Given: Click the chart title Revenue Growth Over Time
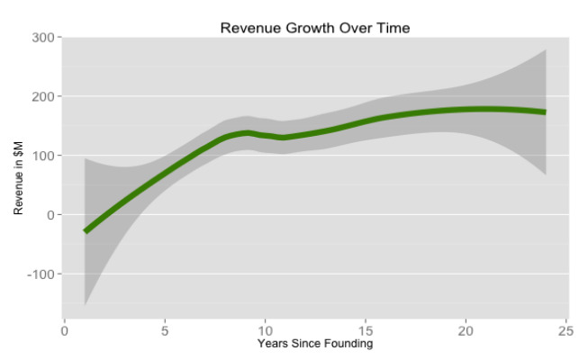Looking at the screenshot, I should (314, 28).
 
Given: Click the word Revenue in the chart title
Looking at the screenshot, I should (249, 28).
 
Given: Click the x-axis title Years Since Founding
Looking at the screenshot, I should (314, 344).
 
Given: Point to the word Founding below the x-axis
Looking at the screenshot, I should (349, 344).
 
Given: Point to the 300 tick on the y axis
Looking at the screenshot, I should (43, 37).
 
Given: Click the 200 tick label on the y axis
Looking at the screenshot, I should (43, 96).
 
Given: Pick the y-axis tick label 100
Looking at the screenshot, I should (43, 156).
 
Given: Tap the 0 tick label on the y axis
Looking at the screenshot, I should (51, 215).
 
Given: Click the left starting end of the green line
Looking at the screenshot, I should (86, 231).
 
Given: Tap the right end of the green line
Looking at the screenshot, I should (545, 112).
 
